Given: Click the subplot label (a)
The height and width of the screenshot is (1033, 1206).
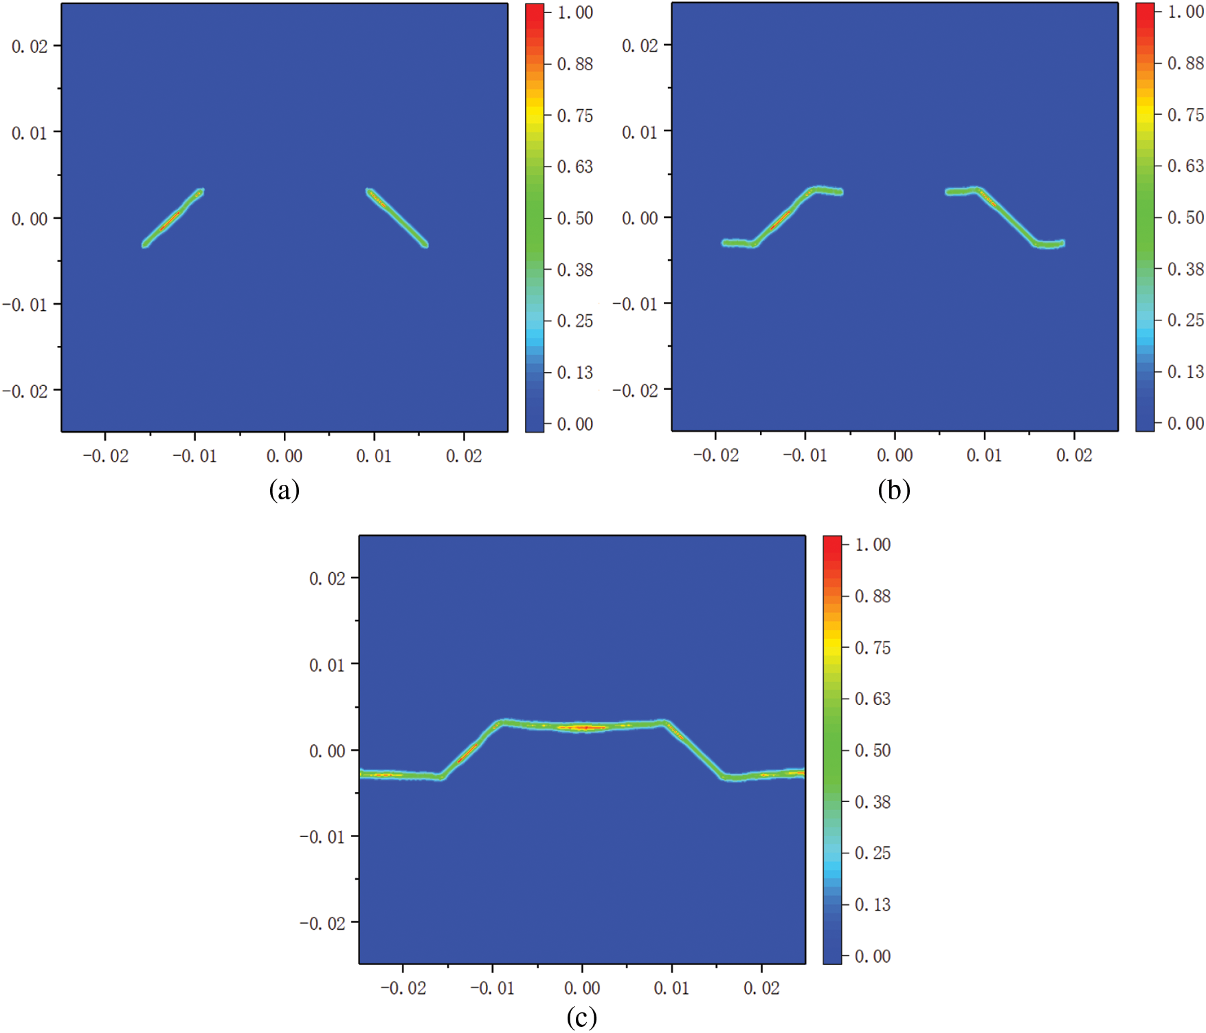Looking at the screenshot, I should [284, 490].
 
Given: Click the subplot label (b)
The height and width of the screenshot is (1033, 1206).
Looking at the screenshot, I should [893, 490].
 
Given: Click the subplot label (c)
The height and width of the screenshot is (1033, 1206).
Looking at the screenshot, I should [581, 1017].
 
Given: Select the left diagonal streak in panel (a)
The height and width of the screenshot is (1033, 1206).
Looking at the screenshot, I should [172, 217].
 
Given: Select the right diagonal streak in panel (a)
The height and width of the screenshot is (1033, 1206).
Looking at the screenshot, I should [397, 217].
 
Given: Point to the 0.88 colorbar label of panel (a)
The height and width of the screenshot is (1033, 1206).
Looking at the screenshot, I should [575, 64].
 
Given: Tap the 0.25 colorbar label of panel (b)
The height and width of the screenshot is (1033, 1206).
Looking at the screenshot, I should [1185, 320].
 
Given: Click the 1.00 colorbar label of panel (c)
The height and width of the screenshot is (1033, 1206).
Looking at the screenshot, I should [873, 545].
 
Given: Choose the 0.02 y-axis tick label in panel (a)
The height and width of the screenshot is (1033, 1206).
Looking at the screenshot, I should [30, 46].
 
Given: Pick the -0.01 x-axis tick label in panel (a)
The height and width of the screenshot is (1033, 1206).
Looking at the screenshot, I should [194, 456].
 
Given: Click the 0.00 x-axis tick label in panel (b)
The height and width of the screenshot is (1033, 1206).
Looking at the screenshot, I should [895, 455].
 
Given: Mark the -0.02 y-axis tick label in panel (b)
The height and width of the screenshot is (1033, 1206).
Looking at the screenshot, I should [635, 391].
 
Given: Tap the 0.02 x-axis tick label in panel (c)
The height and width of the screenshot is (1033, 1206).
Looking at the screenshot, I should [761, 988].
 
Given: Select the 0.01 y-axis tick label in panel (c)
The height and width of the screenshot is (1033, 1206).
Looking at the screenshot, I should [327, 665].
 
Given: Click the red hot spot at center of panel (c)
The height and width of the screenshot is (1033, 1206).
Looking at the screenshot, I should [584, 727].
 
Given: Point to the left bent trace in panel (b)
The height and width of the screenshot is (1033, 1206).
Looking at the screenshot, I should [783, 216].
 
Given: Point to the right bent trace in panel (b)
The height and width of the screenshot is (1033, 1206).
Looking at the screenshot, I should [1005, 216].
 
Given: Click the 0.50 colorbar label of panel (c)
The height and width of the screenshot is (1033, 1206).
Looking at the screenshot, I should [873, 750].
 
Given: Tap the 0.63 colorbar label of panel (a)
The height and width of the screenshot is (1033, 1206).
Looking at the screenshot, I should [575, 167].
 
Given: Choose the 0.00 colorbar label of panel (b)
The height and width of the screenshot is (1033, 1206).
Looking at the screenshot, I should [1185, 423].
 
